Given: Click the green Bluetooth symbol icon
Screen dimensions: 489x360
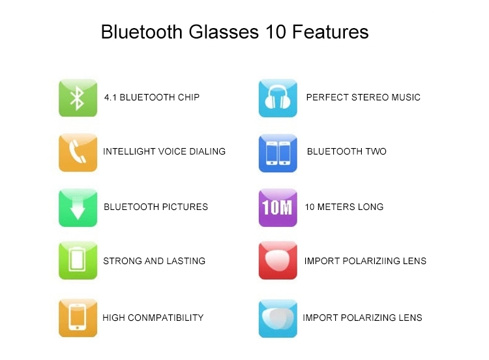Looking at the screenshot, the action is tap(78, 98).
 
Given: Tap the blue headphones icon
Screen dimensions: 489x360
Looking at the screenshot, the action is tap(278, 98).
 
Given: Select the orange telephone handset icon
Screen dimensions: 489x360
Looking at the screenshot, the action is tap(78, 153).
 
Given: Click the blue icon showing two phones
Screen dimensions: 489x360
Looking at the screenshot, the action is tap(278, 153).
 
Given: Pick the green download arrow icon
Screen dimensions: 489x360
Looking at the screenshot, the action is tap(78, 207).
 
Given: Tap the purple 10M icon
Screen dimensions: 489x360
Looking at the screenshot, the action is tap(278, 207).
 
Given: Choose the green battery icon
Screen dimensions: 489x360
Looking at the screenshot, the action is tap(78, 260).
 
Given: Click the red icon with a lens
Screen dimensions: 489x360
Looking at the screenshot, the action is tap(278, 260).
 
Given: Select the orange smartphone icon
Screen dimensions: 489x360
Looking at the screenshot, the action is tap(78, 318).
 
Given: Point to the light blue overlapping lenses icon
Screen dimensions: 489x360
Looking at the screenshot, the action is tap(278, 318).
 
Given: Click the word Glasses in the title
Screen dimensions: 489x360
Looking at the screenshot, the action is tap(224, 32).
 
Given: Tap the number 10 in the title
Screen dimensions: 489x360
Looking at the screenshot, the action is tap(276, 32).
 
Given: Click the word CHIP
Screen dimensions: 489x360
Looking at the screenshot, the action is tap(188, 97).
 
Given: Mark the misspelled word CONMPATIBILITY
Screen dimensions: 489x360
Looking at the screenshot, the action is tap(166, 318).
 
